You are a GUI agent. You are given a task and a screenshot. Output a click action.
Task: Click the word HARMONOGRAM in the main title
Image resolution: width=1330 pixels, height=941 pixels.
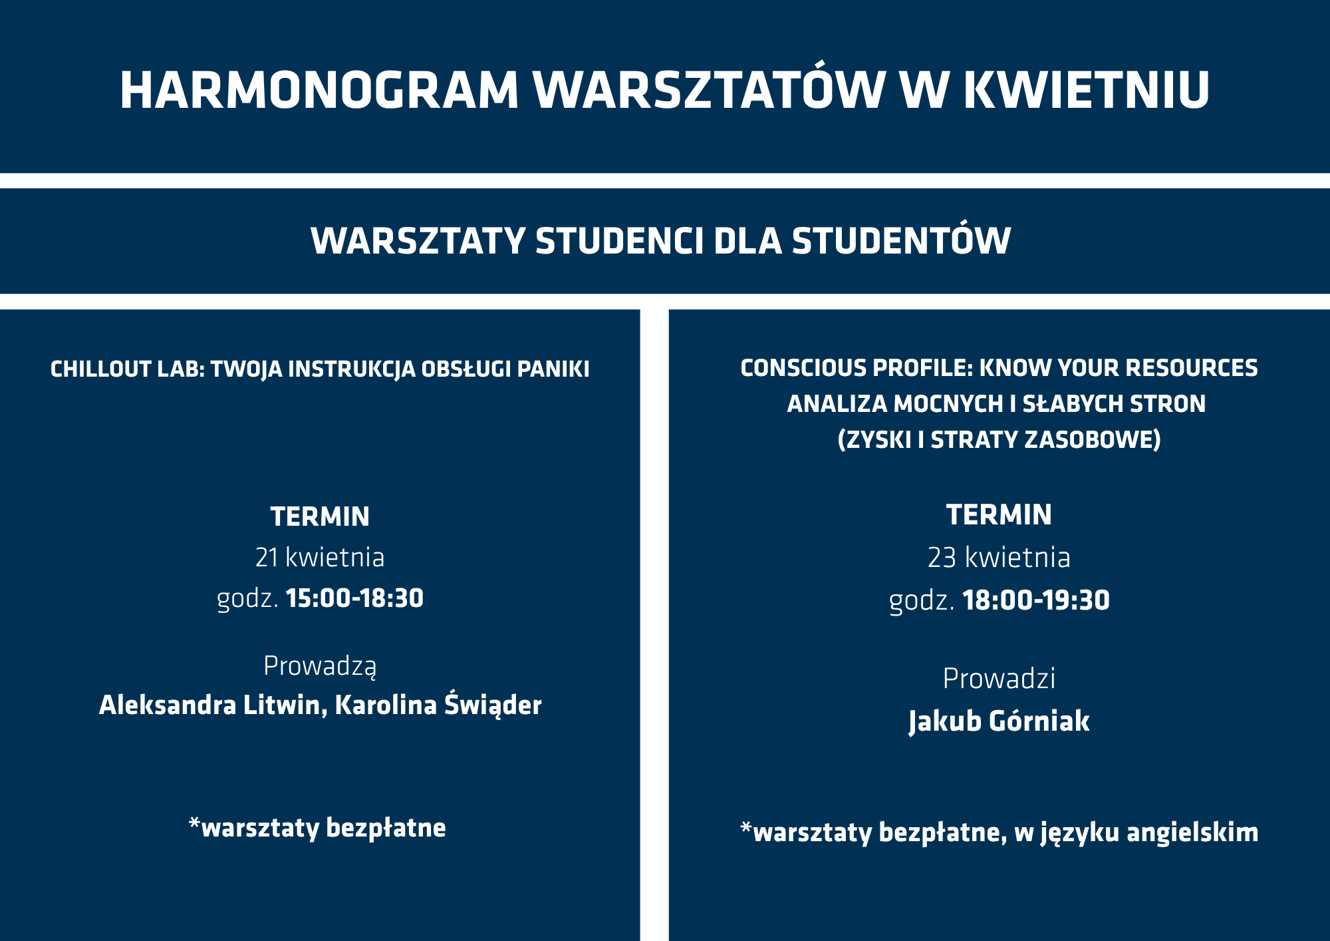[x=319, y=90]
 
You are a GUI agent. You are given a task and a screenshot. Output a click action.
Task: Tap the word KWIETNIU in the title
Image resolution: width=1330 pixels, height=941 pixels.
[x=1087, y=90]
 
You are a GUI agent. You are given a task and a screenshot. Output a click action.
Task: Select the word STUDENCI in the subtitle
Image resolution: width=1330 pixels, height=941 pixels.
[x=619, y=241]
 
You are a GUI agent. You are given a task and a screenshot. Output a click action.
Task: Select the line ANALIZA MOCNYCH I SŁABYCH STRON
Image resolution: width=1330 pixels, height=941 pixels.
[x=996, y=404]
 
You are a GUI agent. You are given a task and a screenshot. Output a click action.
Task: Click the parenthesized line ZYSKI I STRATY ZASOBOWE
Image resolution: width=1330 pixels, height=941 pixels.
[x=999, y=440]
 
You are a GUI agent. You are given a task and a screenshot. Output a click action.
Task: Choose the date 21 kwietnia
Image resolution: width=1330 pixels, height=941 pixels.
[x=320, y=558]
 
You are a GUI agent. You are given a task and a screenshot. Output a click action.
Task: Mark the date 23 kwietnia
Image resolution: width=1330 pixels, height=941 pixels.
[x=999, y=558]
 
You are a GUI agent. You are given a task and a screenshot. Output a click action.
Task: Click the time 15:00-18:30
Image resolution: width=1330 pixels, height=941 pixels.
[x=354, y=598]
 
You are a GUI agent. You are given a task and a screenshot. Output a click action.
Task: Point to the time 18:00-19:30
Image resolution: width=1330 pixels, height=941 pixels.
[x=1036, y=600]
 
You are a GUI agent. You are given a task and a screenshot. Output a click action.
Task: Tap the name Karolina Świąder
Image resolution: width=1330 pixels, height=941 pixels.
[x=438, y=704]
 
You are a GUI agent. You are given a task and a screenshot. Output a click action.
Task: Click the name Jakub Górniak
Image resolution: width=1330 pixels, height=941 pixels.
[x=999, y=721]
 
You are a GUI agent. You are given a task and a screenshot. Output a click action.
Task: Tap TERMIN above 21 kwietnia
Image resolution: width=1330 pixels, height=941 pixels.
[x=320, y=517]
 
